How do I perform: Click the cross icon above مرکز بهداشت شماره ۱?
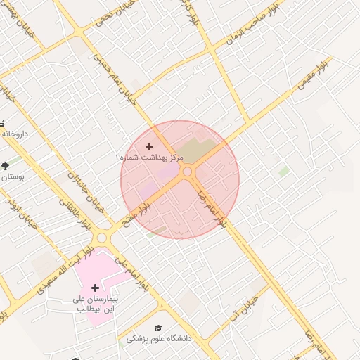tap(149, 146)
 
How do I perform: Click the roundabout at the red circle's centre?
tap(187, 172)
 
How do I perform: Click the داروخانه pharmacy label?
tap(14, 133)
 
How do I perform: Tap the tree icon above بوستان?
tap(6, 166)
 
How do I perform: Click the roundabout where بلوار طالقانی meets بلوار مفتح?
tap(102, 238)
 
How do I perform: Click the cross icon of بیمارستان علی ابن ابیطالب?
tap(96, 288)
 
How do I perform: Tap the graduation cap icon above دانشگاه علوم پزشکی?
tap(158, 328)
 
